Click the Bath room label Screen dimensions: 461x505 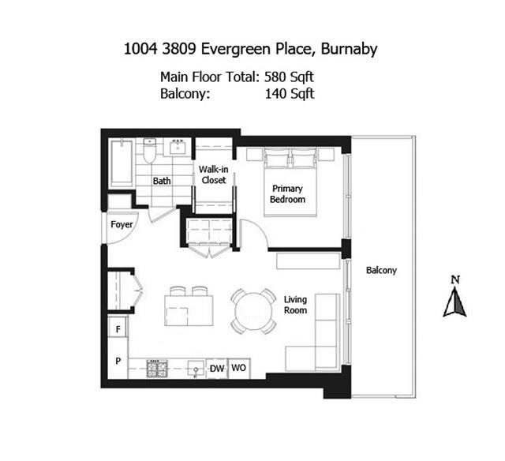tap(162, 181)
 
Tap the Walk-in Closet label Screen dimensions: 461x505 tap(212, 174)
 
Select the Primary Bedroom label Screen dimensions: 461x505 tap(288, 194)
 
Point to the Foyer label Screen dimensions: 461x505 tap(122, 225)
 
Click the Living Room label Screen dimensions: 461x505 tap(295, 305)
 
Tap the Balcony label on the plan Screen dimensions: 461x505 tap(381, 270)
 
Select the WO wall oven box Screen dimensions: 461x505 tap(239, 369)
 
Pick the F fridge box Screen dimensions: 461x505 tap(118, 328)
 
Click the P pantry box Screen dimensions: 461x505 tap(118, 361)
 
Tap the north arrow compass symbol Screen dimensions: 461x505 tap(454, 299)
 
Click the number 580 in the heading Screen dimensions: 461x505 tap(273, 77)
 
